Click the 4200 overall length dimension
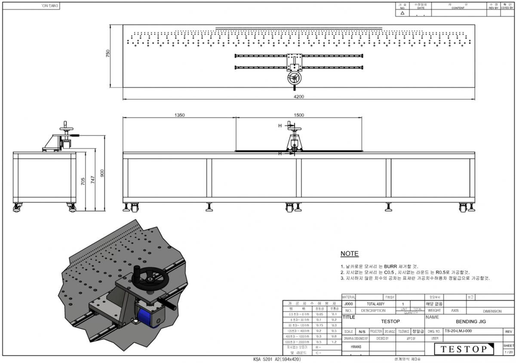click(x=299, y=97)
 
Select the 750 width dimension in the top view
click(x=108, y=53)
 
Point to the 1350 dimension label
click(x=179, y=115)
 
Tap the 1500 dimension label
click(x=299, y=115)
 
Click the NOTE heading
click(x=349, y=254)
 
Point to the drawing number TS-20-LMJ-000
click(x=458, y=332)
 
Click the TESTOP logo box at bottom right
click(x=464, y=349)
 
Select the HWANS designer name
click(x=356, y=346)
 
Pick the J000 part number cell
click(x=347, y=304)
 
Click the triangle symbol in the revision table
click(x=402, y=13)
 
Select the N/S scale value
click(x=362, y=332)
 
